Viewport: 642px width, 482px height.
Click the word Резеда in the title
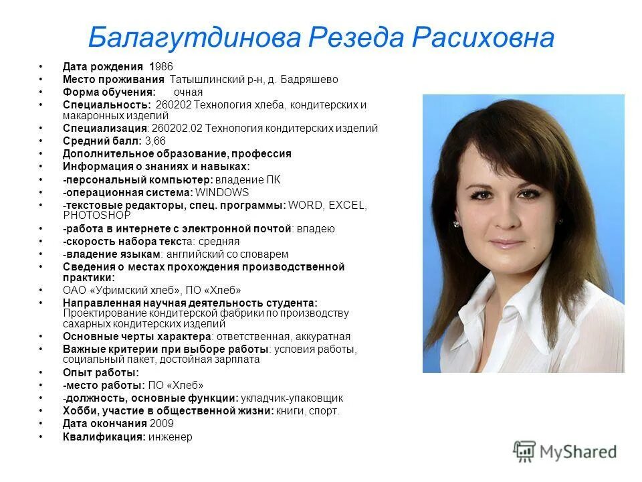click(x=356, y=38)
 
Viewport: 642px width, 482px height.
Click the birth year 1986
click(x=161, y=67)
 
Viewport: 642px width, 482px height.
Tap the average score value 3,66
click(x=155, y=141)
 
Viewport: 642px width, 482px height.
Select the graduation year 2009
click(x=162, y=424)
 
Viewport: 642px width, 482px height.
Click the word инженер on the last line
click(x=171, y=437)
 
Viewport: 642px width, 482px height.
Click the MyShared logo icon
click(x=525, y=451)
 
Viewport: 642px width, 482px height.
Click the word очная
click(x=188, y=92)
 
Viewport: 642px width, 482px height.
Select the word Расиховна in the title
click(x=482, y=38)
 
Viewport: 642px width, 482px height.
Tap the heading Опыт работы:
click(x=101, y=373)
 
